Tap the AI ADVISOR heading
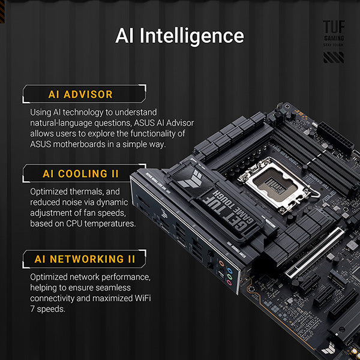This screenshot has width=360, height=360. click(x=80, y=94)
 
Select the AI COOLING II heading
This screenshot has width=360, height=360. click(x=80, y=174)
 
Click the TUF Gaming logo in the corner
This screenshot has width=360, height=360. click(x=334, y=32)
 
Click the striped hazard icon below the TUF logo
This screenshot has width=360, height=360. click(x=334, y=58)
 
